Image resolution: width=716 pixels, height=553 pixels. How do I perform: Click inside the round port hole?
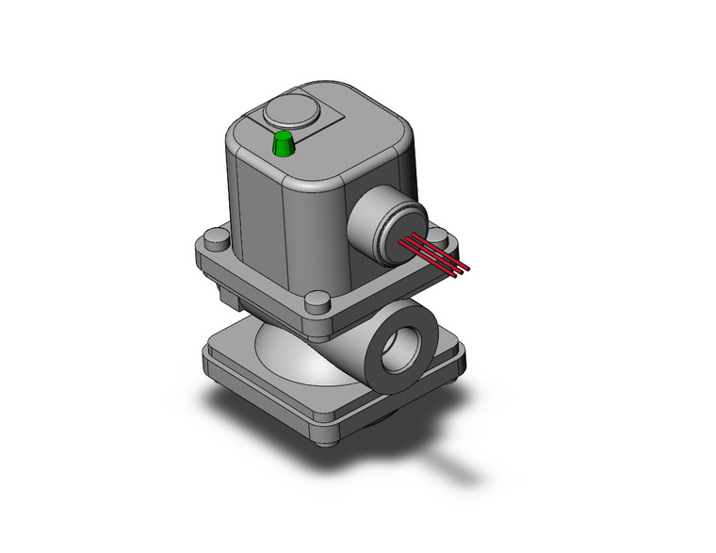click(x=397, y=350)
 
